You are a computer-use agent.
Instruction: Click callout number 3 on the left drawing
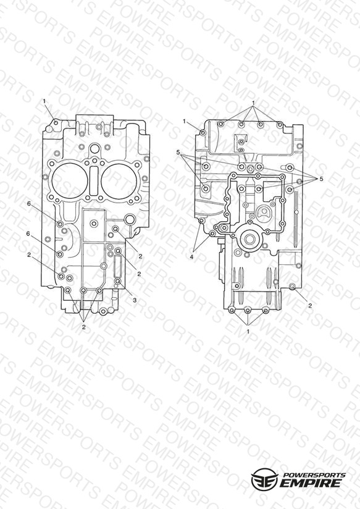(135, 300)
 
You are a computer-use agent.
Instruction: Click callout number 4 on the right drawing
(192, 256)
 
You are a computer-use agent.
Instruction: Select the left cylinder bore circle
(70, 180)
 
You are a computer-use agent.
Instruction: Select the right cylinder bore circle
(119, 180)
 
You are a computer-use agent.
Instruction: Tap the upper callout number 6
(29, 203)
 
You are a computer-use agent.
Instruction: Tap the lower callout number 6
(28, 233)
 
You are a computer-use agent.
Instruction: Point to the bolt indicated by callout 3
(117, 281)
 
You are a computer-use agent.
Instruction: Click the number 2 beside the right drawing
(310, 306)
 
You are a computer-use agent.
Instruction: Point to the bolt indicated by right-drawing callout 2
(293, 287)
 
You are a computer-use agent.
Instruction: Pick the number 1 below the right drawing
(248, 332)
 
